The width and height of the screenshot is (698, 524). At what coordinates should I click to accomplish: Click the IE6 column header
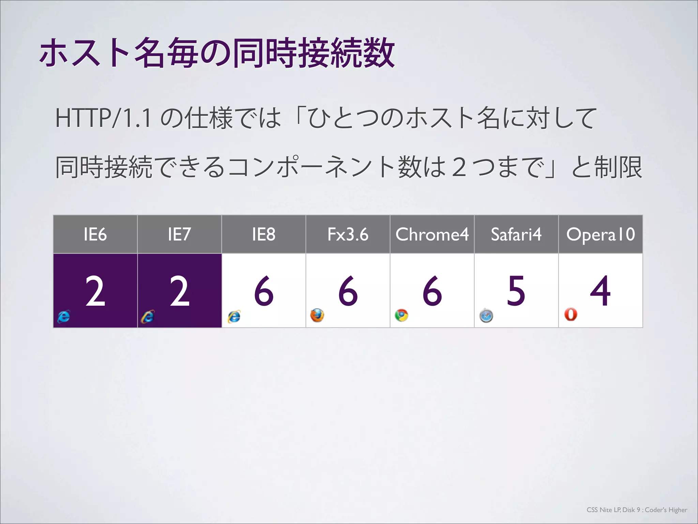pyautogui.click(x=95, y=234)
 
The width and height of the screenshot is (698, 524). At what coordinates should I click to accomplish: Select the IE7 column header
pyautogui.click(x=179, y=234)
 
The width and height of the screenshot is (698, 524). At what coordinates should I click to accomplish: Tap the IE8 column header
pyautogui.click(x=263, y=234)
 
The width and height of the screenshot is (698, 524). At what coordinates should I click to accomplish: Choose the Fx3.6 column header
pyautogui.click(x=348, y=234)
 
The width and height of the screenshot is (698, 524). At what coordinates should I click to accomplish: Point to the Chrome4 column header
pyautogui.click(x=432, y=234)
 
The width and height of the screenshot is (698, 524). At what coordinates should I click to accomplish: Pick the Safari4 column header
pyautogui.click(x=516, y=234)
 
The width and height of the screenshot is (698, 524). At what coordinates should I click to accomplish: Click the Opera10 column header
pyautogui.click(x=601, y=234)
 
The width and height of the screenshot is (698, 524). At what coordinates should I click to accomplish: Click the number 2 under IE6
pyautogui.click(x=95, y=291)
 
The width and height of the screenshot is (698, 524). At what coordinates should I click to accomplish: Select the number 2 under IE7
pyautogui.click(x=179, y=291)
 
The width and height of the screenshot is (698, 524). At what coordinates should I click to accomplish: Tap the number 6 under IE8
pyautogui.click(x=264, y=291)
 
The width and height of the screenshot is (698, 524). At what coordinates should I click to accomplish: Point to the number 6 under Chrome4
pyautogui.click(x=432, y=291)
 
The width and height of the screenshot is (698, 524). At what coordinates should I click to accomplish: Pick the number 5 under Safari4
pyautogui.click(x=516, y=291)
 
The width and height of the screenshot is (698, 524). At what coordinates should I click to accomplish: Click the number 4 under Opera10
pyautogui.click(x=600, y=291)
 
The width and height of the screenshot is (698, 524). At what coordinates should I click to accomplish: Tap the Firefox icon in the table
pyautogui.click(x=317, y=315)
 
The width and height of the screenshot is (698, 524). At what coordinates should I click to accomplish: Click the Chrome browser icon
pyautogui.click(x=401, y=315)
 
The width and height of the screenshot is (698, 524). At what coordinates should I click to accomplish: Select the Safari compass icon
pyautogui.click(x=486, y=316)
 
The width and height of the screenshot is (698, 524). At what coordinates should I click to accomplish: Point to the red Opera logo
pyautogui.click(x=571, y=314)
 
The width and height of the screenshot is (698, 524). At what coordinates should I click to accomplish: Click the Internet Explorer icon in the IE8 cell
pyautogui.click(x=234, y=317)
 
